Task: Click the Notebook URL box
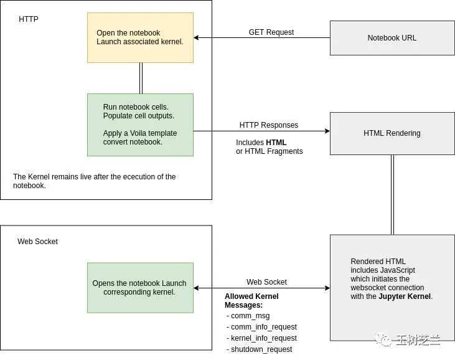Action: (392, 38)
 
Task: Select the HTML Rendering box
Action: (392, 133)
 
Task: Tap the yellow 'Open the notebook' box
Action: (140, 37)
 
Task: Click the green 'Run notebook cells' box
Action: (140, 125)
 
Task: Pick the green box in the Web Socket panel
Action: (140, 288)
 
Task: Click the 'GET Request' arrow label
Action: (271, 32)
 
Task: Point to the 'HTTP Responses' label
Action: (268, 125)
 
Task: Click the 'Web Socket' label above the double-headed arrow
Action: (266, 282)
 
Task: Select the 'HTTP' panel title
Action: (29, 19)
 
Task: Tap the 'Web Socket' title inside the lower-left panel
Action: (37, 242)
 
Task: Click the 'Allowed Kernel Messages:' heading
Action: (251, 301)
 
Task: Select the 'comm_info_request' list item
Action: (263, 327)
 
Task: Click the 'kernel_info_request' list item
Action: (263, 338)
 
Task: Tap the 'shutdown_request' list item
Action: (261, 349)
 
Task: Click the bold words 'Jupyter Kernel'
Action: (403, 296)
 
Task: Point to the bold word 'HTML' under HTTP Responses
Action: (276, 143)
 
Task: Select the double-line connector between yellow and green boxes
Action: (141, 78)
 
